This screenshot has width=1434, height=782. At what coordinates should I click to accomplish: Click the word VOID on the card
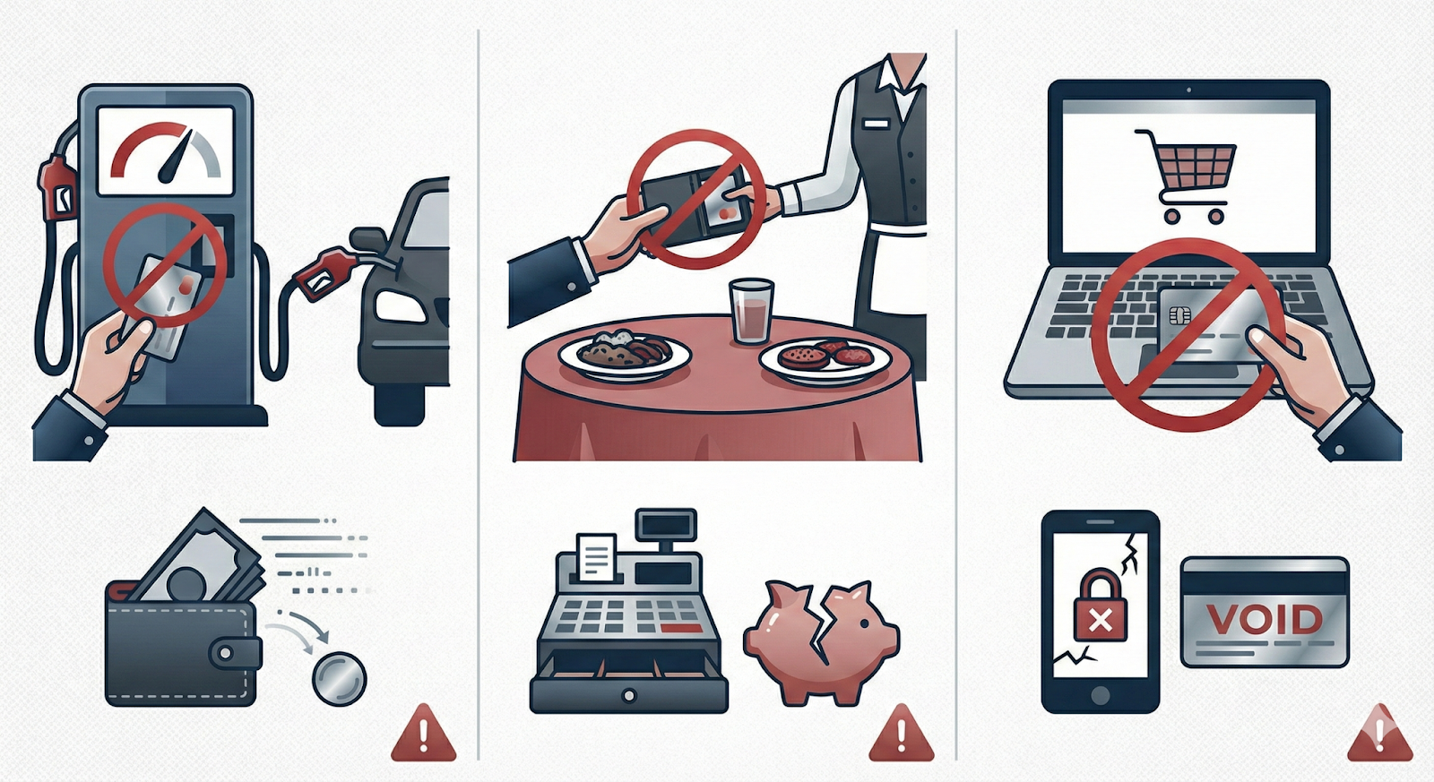(x=1265, y=620)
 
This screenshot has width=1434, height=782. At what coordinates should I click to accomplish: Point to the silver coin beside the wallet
(x=340, y=678)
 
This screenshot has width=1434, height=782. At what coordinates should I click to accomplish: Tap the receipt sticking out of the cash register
(x=597, y=559)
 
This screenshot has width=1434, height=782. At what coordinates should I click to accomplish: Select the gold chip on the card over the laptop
(x=1175, y=314)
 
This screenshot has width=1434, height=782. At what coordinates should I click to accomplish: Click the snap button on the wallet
(x=225, y=653)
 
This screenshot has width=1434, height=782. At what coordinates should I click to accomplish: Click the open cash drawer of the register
(x=628, y=684)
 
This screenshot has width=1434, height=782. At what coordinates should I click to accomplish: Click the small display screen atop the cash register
(x=665, y=525)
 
